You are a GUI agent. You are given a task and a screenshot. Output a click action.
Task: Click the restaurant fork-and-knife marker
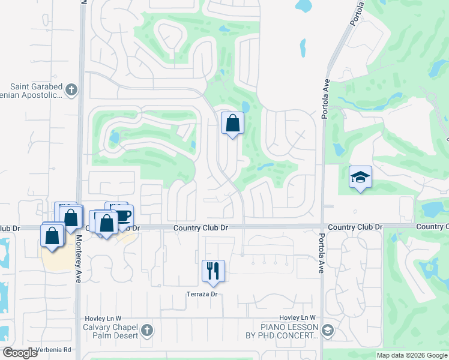pyautogui.click(x=213, y=271)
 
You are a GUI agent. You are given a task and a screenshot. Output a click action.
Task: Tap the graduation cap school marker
pyautogui.click(x=360, y=177)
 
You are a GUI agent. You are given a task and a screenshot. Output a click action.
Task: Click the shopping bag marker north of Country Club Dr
pyautogui.click(x=233, y=124)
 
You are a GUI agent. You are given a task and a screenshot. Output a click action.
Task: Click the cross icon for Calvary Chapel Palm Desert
pyautogui.click(x=147, y=329)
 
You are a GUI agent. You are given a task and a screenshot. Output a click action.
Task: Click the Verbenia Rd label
pyautogui.click(x=55, y=350)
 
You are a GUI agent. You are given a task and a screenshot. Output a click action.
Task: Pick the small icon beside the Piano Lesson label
pyautogui.click(x=328, y=329)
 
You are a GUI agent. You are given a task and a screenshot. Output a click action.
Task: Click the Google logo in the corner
pyautogui.click(x=20, y=353)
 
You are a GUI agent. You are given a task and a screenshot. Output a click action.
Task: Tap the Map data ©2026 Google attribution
pyautogui.click(x=412, y=355)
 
